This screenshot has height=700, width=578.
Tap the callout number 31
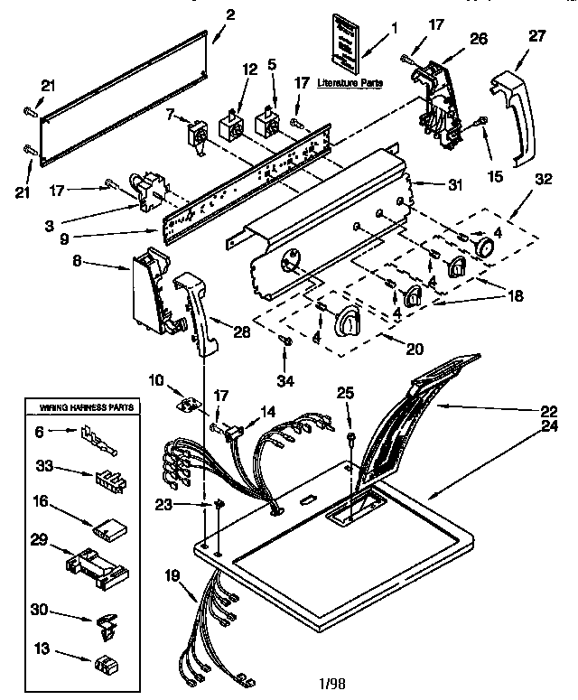pyautogui.click(x=455, y=185)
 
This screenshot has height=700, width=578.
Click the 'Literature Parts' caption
pyautogui.click(x=350, y=82)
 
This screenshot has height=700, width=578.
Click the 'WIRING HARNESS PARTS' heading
pyautogui.click(x=87, y=408)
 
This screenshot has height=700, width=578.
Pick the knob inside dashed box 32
pyautogui.click(x=485, y=247)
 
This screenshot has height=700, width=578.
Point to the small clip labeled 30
pyautogui.click(x=105, y=621)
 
